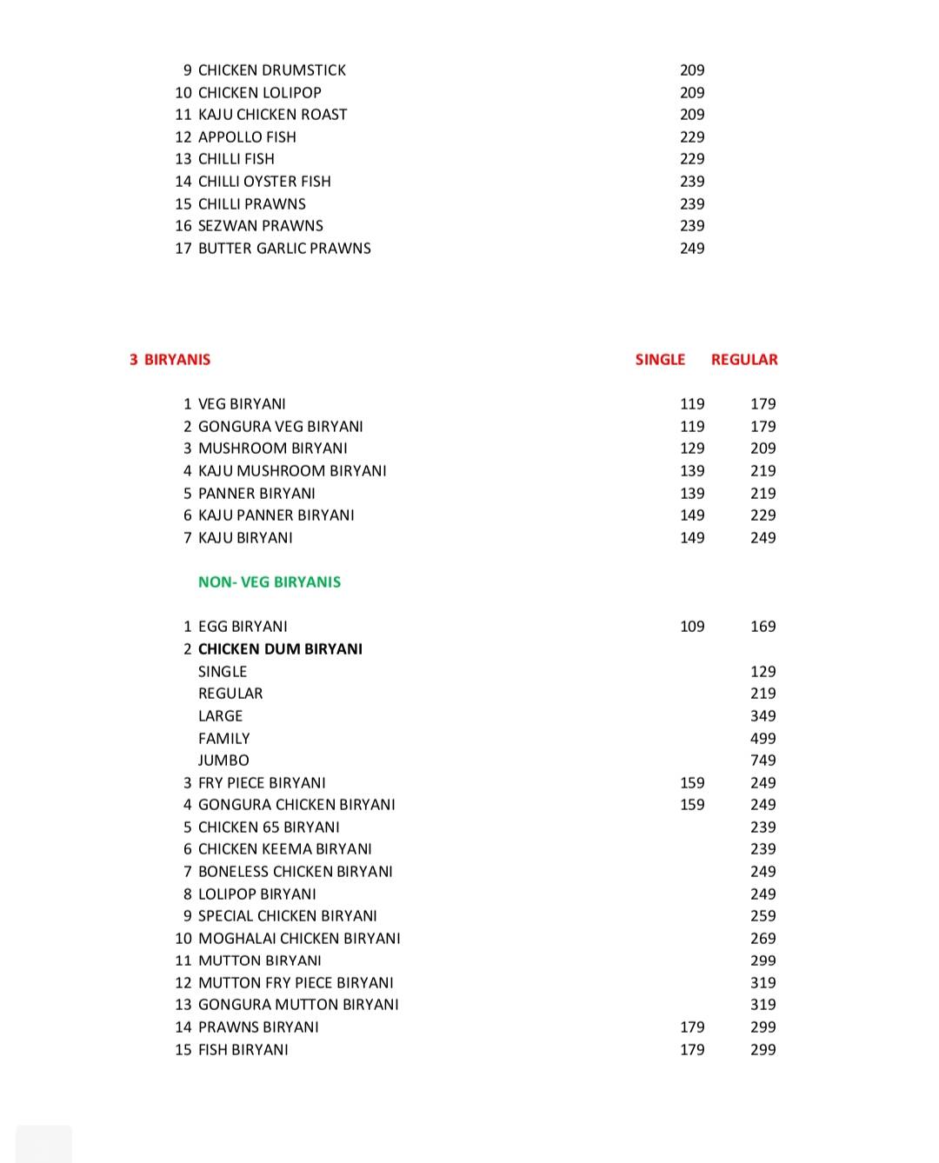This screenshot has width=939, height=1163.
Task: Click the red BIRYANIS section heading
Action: click(x=176, y=360)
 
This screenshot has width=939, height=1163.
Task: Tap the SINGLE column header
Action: click(x=660, y=360)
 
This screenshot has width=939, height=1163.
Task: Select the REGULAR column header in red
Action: click(x=744, y=360)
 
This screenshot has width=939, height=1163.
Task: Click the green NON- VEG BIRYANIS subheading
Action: click(x=270, y=582)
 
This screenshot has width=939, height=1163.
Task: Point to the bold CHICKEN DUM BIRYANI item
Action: click(x=280, y=649)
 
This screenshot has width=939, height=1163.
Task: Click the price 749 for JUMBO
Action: click(x=763, y=761)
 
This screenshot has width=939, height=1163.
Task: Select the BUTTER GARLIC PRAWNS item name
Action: click(x=284, y=249)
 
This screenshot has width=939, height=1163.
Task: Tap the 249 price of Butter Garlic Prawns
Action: click(x=692, y=249)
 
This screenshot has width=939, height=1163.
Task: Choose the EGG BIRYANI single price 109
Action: click(x=692, y=627)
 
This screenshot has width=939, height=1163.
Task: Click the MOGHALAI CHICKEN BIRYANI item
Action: click(x=299, y=939)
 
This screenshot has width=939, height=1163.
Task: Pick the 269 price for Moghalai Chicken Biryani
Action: click(x=763, y=939)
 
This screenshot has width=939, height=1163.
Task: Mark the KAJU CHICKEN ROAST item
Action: click(x=272, y=115)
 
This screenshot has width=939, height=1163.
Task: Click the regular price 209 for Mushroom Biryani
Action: click(x=763, y=449)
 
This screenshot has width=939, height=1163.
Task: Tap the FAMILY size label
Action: click(x=223, y=739)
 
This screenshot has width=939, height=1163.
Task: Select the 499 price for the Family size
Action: click(x=763, y=739)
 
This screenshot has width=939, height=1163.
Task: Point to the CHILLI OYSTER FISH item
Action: click(x=264, y=182)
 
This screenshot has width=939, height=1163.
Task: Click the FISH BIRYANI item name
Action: click(x=243, y=1050)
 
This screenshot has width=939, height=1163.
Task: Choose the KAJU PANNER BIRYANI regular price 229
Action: click(x=763, y=515)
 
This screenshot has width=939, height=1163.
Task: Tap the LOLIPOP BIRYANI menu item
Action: click(x=257, y=894)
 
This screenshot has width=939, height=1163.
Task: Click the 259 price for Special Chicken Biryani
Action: click(x=763, y=916)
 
